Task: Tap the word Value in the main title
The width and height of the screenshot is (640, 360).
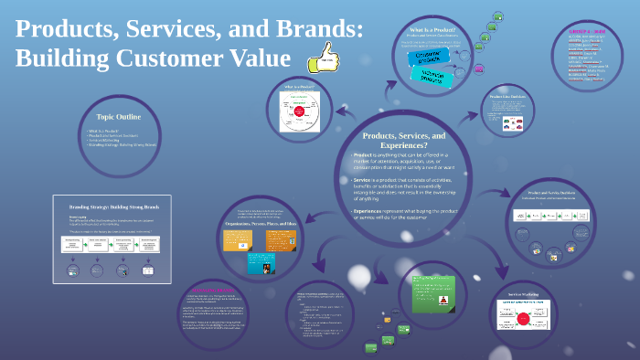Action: [x=250, y=58]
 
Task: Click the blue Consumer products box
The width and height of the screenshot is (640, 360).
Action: [x=423, y=57]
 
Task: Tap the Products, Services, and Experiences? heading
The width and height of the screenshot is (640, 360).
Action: [x=404, y=141]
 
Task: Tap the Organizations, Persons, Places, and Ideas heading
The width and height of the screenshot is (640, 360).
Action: [x=261, y=224]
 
